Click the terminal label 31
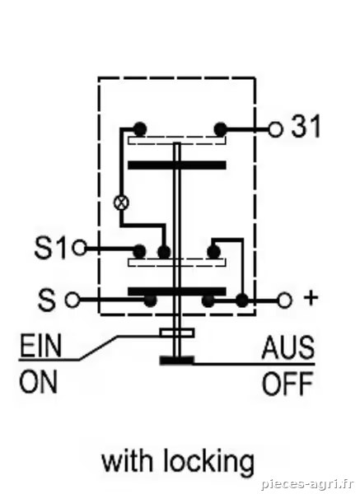[305, 127]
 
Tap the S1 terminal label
[50, 248]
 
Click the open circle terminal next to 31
[275, 129]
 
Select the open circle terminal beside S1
[79, 248]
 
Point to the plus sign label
[311, 297]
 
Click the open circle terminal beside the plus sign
[285, 301]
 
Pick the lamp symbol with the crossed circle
[121, 203]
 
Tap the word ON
[39, 381]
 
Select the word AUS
[288, 347]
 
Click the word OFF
[288, 384]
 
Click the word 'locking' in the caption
[208, 463]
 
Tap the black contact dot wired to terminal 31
[220, 129]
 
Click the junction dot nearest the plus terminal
[242, 301]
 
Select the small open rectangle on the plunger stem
[177, 333]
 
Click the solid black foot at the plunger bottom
[176, 361]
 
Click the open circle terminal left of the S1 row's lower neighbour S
[72, 301]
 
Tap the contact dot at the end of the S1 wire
[139, 251]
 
